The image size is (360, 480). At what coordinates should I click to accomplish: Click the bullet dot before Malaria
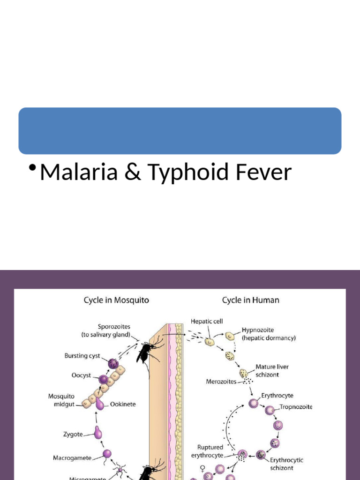pyautogui.click(x=32, y=168)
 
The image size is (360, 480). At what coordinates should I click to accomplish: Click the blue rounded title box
pyautogui.click(x=180, y=131)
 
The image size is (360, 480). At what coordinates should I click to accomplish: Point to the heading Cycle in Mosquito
pyautogui.click(x=117, y=300)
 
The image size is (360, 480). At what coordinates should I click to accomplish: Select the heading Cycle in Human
pyautogui.click(x=250, y=300)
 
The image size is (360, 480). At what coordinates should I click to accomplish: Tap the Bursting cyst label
pyautogui.click(x=82, y=356)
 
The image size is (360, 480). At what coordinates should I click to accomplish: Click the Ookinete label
pyautogui.click(x=123, y=404)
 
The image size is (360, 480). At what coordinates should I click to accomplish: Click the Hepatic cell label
pyautogui.click(x=207, y=322)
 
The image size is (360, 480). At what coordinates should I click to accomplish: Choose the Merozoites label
pyautogui.click(x=221, y=382)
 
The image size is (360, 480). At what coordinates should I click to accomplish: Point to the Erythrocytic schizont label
pyautogui.click(x=286, y=464)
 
